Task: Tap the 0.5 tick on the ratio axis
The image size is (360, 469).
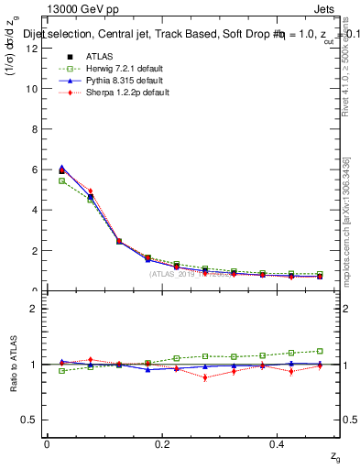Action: [x=29, y=420]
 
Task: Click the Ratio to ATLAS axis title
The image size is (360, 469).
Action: [x=13, y=364]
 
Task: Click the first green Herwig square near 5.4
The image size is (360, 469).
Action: [x=61, y=180]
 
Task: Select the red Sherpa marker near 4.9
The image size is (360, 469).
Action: [x=90, y=191]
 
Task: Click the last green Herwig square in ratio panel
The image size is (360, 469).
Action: [x=320, y=351]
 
